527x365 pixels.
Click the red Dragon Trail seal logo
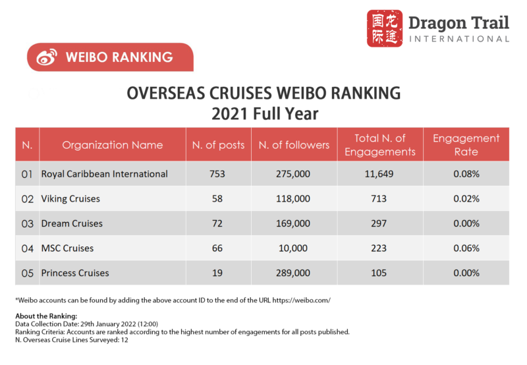click(384, 28)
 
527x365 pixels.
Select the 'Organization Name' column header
click(113, 145)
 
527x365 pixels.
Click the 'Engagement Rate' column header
click(466, 145)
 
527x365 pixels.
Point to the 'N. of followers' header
click(294, 145)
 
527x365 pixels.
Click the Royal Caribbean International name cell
click(104, 174)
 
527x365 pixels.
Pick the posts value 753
click(217, 174)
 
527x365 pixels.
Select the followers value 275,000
click(294, 174)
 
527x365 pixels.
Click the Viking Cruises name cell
click(70, 198)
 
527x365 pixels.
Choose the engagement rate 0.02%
click(466, 198)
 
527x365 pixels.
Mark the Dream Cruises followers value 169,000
click(294, 223)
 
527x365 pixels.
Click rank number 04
click(27, 248)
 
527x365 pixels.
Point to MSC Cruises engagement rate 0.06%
click(466, 248)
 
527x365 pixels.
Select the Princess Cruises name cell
click(74, 273)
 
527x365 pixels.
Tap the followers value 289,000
click(294, 273)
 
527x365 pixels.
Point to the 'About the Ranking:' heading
click(46, 316)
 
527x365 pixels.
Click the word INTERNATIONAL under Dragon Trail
click(458, 39)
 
